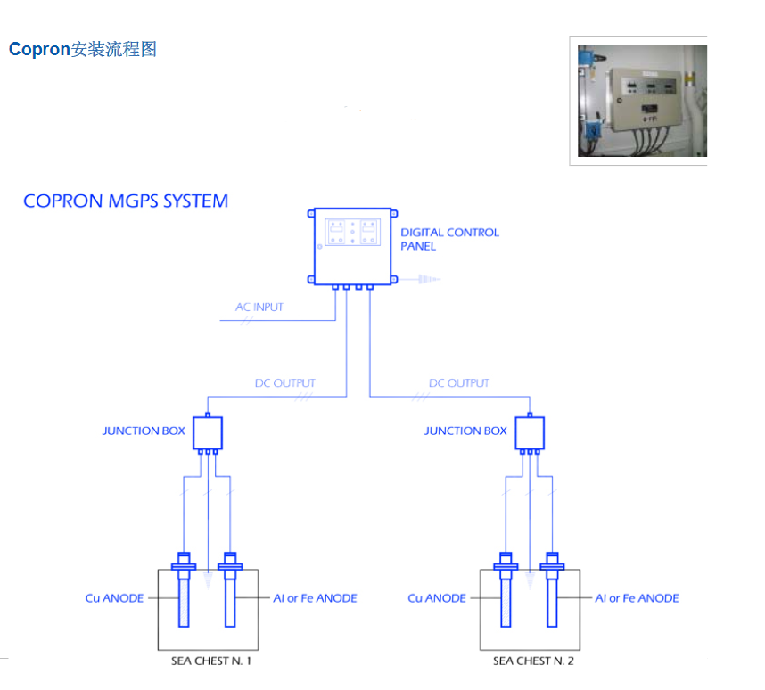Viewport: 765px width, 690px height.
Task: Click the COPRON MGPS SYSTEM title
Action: point(126,201)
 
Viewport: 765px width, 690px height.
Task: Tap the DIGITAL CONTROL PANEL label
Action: point(448,239)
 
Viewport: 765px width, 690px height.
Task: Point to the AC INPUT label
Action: point(259,308)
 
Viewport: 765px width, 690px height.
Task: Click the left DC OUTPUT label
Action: point(285,383)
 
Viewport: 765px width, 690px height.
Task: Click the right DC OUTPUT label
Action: point(459,383)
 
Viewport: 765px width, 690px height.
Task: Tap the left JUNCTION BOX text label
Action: point(144,431)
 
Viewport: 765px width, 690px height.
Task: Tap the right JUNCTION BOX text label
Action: point(465,431)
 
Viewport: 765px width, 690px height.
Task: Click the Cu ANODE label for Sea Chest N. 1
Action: point(114,598)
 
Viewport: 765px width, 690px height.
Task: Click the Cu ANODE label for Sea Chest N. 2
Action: point(437,598)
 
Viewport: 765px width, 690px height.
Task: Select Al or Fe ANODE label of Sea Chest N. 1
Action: point(315,598)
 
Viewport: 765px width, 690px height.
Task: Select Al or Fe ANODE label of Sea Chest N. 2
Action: point(637,598)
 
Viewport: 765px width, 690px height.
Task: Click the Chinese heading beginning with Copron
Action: point(83,50)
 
